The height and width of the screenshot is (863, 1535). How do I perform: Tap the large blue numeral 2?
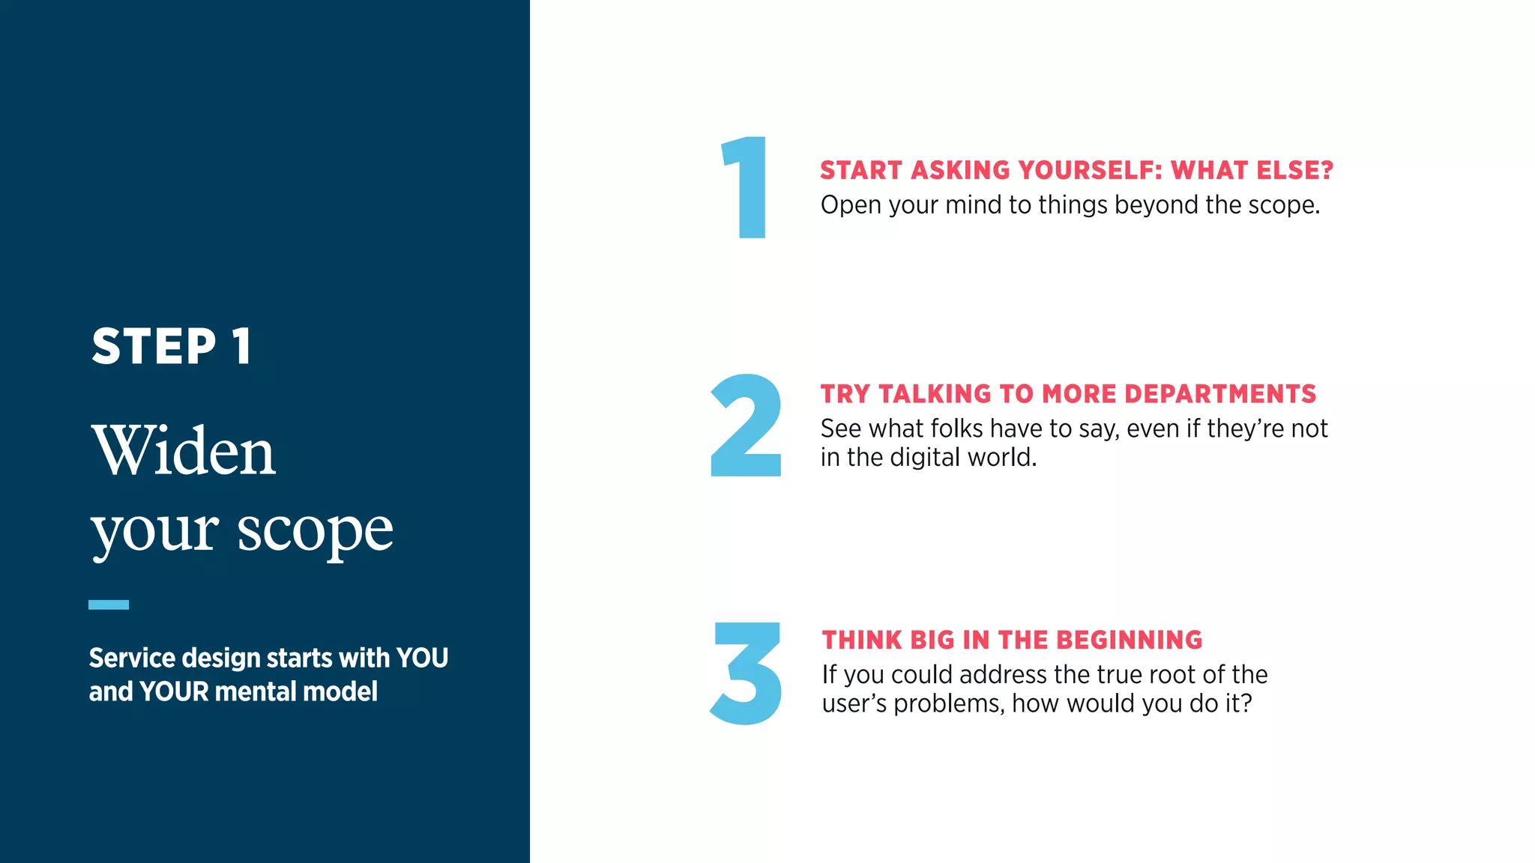tap(746, 426)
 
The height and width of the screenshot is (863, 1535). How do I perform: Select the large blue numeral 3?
tap(747, 673)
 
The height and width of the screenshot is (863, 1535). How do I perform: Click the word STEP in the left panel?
tap(154, 346)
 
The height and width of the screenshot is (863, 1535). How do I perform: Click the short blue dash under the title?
tap(109, 605)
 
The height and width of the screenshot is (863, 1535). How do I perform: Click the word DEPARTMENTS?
tap(1220, 394)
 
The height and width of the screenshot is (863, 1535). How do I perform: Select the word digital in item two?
tap(924, 457)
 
